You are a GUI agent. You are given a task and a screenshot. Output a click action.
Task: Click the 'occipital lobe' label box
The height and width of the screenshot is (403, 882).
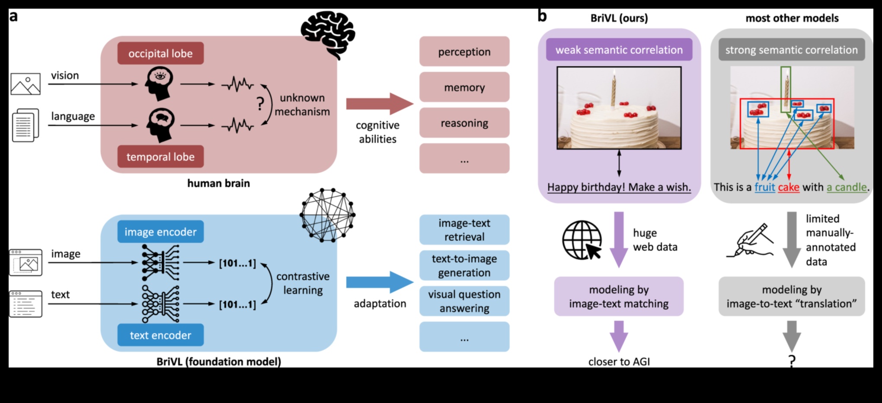(160, 53)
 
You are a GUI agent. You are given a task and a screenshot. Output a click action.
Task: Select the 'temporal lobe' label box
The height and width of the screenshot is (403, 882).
(160, 157)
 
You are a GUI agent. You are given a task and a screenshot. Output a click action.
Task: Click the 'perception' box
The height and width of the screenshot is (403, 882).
(464, 52)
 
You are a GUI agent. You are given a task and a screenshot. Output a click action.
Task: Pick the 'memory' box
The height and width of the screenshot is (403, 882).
(464, 87)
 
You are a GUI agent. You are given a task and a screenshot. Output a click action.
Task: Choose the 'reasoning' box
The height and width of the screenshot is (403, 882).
(464, 123)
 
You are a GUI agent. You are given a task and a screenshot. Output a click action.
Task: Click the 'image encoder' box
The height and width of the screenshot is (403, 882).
(160, 232)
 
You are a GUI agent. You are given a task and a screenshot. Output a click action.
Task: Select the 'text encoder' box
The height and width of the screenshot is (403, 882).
(160, 335)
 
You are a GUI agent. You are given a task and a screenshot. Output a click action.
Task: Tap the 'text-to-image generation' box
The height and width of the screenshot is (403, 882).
(464, 265)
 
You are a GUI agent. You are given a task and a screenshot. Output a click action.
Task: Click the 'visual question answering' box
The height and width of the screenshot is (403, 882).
(464, 301)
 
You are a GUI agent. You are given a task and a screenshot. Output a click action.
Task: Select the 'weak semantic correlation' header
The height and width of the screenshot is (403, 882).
(619, 50)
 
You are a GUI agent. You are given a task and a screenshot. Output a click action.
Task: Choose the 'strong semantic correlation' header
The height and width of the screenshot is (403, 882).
(791, 50)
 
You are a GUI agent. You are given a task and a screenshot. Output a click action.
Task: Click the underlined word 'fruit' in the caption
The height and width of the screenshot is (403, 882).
(764, 187)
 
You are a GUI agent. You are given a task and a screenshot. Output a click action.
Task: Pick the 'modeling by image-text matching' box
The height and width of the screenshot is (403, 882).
(619, 297)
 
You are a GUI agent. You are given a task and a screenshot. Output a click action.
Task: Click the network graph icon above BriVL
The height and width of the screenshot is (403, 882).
(328, 215)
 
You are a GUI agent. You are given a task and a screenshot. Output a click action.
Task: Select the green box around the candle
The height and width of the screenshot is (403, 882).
(786, 89)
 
